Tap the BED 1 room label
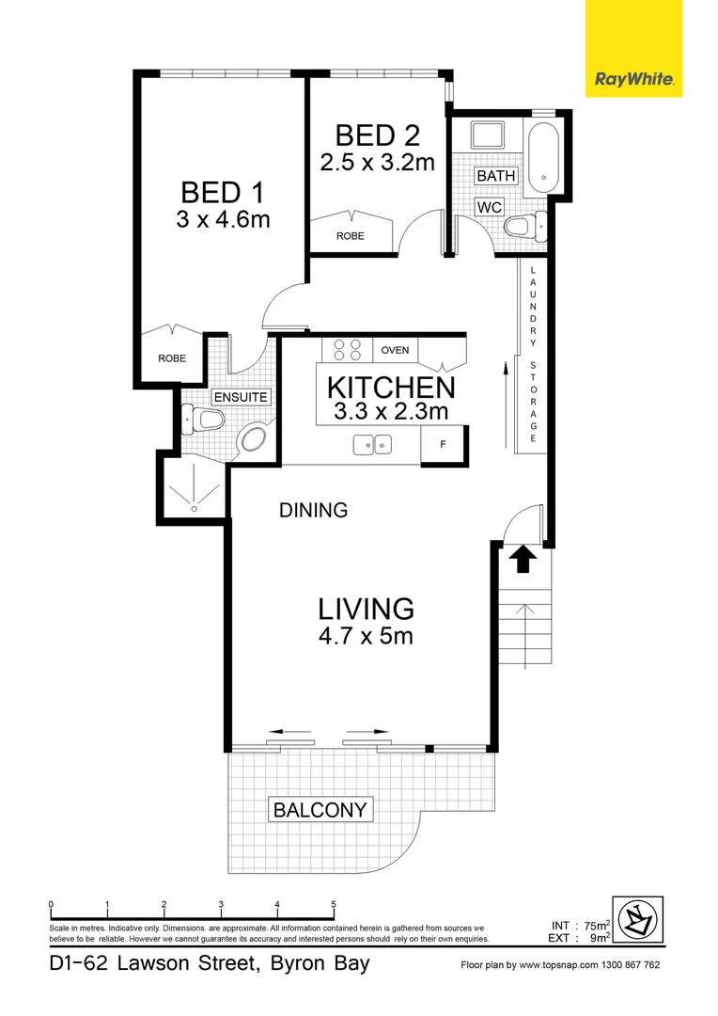[222, 193]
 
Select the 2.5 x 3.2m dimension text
[377, 162]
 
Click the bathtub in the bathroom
[543, 154]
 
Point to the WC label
[489, 206]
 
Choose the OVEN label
[395, 351]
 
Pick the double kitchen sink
[373, 444]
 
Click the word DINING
[314, 511]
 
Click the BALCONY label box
[320, 809]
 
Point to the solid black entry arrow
[523, 561]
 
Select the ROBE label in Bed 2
[351, 236]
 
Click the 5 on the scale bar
[334, 905]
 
